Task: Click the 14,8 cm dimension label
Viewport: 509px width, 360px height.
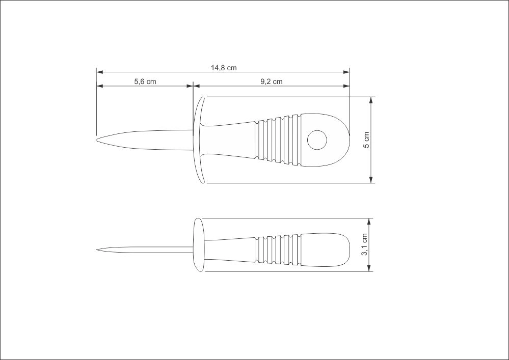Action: [224, 68]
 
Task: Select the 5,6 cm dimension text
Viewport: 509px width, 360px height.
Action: [145, 81]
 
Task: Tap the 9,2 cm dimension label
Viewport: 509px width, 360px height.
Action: [272, 81]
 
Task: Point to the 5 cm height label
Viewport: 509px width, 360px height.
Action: [366, 140]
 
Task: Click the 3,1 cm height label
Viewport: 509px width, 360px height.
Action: [364, 244]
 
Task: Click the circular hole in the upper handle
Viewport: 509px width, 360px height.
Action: [317, 140]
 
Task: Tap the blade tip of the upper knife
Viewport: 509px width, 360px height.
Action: [97, 140]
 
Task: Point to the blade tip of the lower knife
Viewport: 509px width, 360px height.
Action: [97, 250]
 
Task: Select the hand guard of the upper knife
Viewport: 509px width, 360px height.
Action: [199, 140]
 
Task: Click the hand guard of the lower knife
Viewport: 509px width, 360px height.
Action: [199, 245]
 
